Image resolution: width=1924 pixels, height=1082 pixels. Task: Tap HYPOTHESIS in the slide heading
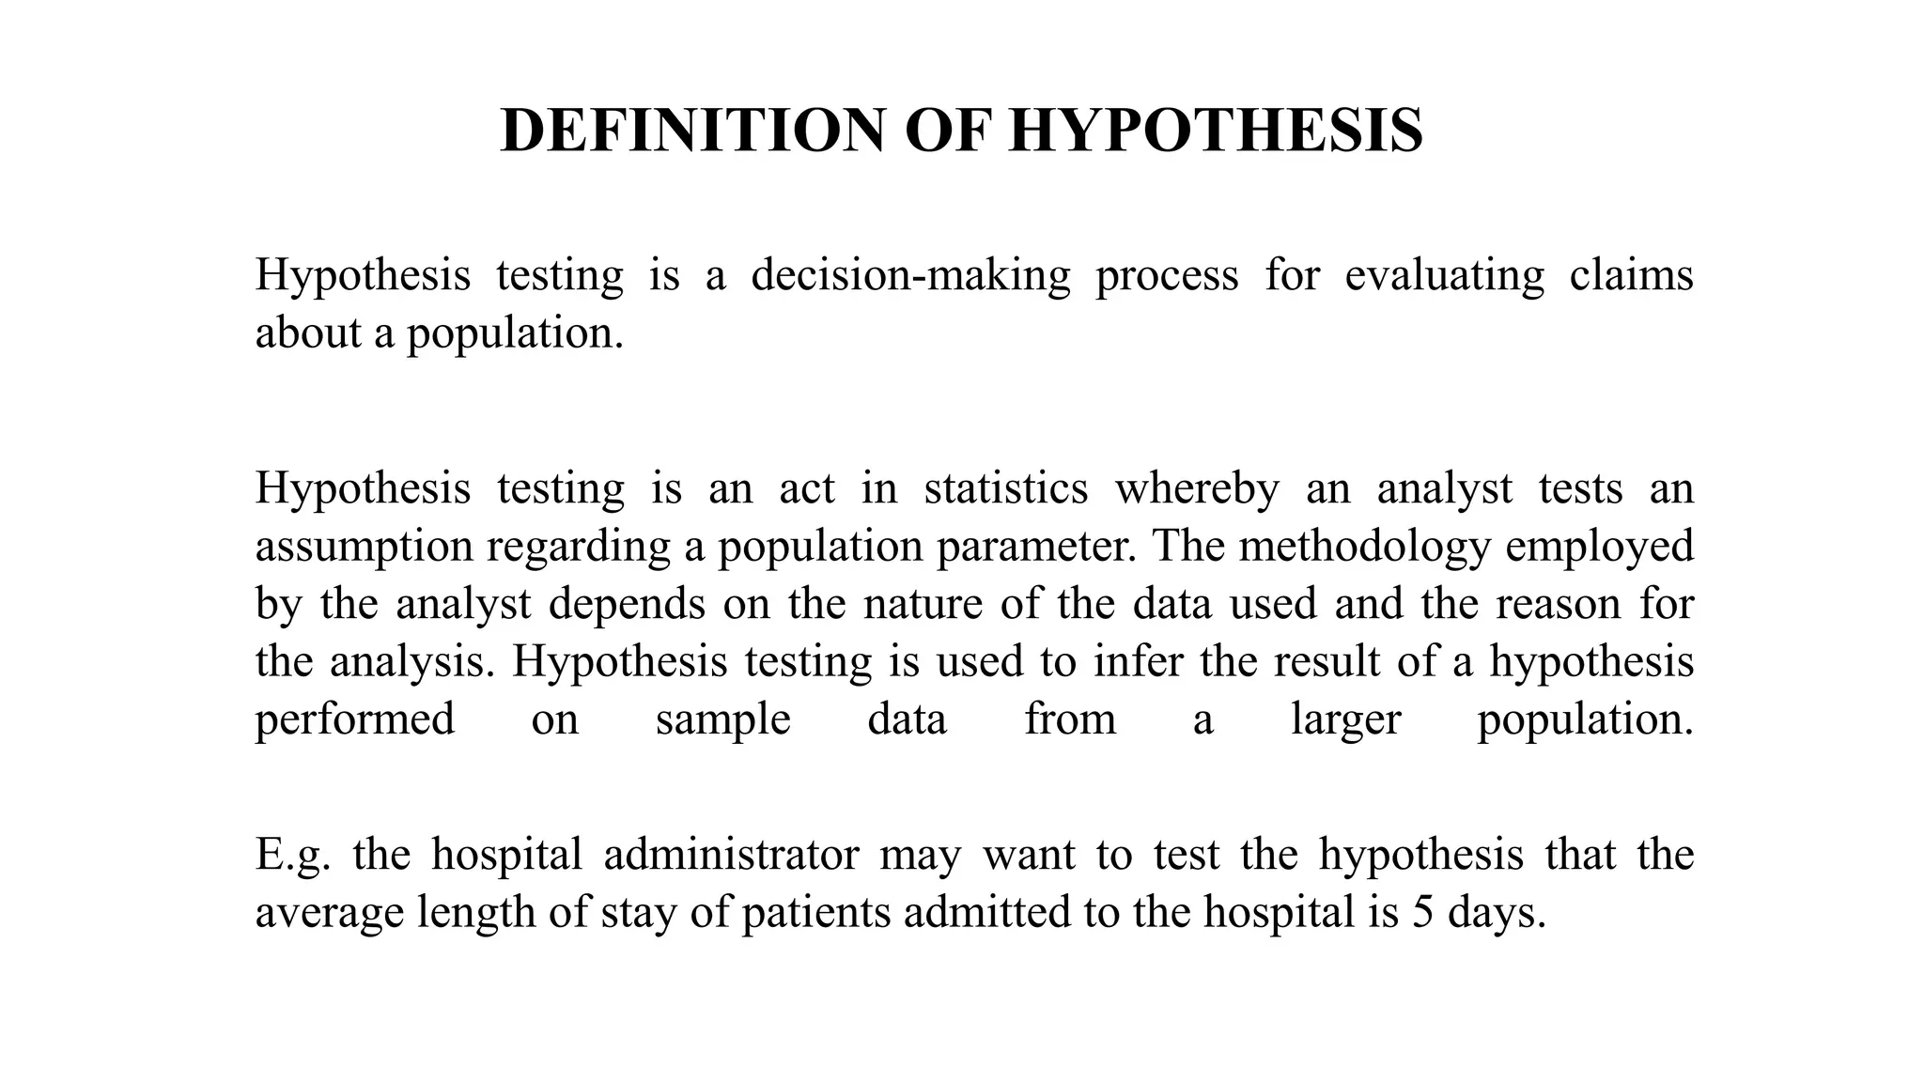[1216, 131]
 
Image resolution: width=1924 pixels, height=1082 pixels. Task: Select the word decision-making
[910, 276]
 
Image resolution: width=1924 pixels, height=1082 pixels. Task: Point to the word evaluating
[1444, 276]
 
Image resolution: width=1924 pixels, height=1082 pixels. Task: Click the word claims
[1631, 276]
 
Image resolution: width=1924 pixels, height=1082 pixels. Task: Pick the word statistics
[1005, 488]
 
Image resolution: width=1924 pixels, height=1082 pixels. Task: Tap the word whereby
[1197, 488]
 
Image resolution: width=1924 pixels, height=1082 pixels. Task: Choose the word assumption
[364, 547]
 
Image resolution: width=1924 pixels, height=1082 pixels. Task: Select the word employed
[1599, 547]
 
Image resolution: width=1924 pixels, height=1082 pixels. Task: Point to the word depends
[627, 604]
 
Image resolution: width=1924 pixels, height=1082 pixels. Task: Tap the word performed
[355, 720]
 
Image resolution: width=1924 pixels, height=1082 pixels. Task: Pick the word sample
[722, 720]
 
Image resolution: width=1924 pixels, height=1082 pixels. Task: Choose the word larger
[1345, 720]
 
